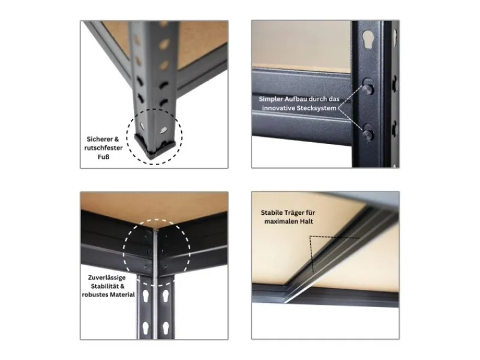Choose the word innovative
click(x=283, y=108)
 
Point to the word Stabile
click(x=273, y=212)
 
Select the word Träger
click(x=299, y=212)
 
